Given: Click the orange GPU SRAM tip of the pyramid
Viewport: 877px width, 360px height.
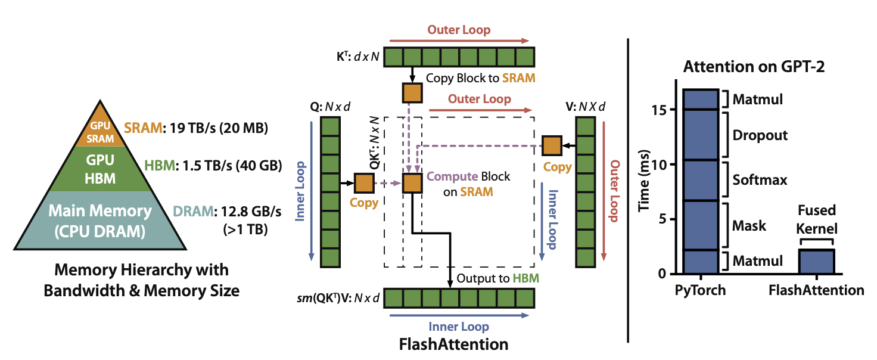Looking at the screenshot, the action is [x=100, y=129].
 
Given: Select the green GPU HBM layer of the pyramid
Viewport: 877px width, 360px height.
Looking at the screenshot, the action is [x=100, y=169].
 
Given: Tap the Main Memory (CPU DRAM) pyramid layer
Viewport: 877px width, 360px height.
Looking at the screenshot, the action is [x=100, y=221].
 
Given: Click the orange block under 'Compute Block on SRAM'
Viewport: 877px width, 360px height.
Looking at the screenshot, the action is [x=412, y=184].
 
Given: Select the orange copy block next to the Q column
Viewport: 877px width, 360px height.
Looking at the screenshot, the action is [x=364, y=184].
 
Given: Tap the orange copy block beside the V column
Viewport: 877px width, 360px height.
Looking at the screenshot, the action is [x=552, y=145].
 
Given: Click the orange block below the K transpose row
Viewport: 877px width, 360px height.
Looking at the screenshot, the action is [x=412, y=93].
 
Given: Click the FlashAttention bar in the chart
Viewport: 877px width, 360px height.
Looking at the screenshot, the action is [x=817, y=261].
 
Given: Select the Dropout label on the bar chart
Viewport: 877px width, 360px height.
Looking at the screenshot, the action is [x=760, y=135].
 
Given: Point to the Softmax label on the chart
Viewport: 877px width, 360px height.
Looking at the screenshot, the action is [x=760, y=180].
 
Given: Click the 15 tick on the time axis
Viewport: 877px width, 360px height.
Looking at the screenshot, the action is [x=659, y=110].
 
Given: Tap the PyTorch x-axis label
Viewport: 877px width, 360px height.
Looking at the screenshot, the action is [x=700, y=290].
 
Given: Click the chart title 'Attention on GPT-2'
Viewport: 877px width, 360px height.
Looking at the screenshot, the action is [x=754, y=67].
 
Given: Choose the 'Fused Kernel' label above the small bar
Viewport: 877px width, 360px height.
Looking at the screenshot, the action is [x=817, y=219].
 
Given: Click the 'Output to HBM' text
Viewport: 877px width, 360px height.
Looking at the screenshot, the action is [x=498, y=278].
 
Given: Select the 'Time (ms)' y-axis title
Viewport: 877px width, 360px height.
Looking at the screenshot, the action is [x=644, y=181].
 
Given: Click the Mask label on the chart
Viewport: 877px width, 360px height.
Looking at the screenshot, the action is [x=749, y=226].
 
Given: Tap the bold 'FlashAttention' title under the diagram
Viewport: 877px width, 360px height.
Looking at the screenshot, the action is [x=453, y=345].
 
